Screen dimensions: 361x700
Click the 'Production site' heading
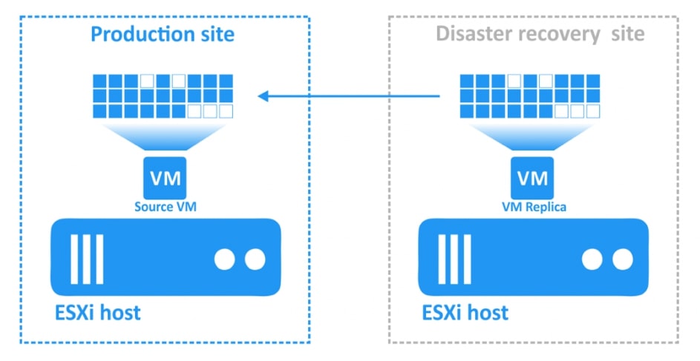162,33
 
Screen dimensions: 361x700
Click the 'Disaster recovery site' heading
540,33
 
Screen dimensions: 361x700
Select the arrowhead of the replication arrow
263,96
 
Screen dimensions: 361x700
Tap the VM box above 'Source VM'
165,179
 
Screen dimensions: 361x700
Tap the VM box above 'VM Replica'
531,179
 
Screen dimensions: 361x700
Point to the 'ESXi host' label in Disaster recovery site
465,311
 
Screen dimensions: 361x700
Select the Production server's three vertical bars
85,259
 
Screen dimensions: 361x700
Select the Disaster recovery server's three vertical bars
453,259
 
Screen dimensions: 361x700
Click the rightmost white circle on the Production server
255,259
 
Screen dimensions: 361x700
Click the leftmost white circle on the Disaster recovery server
592,259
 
